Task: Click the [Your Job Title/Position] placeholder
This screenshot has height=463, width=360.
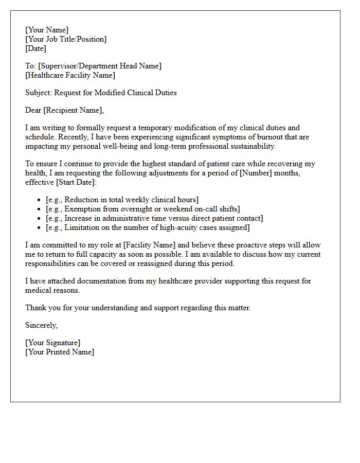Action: pyautogui.click(x=66, y=39)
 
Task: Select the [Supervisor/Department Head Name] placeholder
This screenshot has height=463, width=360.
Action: pyautogui.click(x=100, y=66)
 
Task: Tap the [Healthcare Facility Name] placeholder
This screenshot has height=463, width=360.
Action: pyautogui.click(x=70, y=75)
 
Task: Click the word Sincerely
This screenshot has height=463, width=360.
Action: pyautogui.click(x=41, y=325)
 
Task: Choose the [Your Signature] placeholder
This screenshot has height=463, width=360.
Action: pyautogui.click(x=52, y=343)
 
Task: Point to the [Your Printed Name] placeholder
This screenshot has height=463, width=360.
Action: pyautogui.click(x=60, y=352)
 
